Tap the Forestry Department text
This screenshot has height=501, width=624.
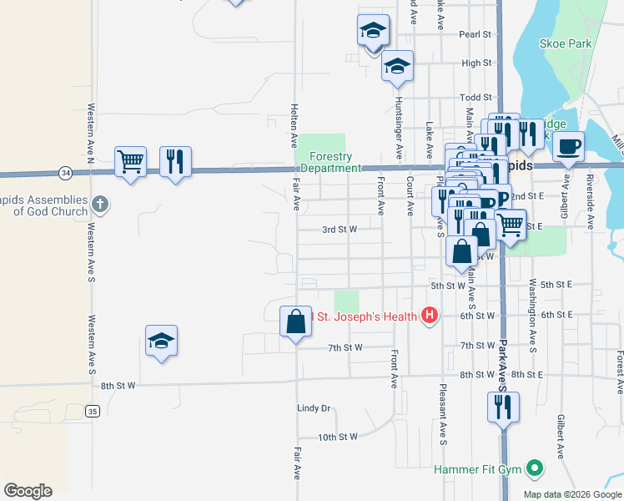tap(330, 162)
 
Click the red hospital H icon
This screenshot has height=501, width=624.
tap(429, 315)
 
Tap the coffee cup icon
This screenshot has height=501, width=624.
tap(568, 145)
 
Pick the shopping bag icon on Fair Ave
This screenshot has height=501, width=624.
tap(295, 321)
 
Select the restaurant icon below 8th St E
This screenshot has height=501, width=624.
tap(502, 407)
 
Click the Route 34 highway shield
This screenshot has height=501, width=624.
tap(65, 173)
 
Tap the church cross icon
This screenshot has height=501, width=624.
tap(99, 204)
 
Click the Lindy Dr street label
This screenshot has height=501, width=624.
tap(314, 408)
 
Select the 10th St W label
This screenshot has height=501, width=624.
tap(337, 437)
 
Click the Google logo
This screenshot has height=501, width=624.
tap(28, 490)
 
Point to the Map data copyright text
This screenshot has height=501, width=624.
tap(571, 494)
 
